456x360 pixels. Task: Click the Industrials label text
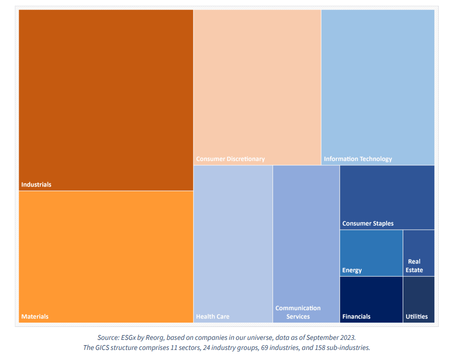[36, 185]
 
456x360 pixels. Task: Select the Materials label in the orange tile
[35, 316]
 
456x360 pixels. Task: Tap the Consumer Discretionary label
[230, 159]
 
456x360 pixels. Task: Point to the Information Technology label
[358, 159]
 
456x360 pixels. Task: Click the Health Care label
[213, 316]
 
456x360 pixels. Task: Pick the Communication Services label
[298, 312]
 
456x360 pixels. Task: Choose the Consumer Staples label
[368, 223]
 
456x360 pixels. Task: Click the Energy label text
[352, 270]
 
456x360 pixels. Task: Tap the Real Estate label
[414, 266]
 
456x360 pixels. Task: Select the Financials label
[356, 316]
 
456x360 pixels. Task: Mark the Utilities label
[417, 316]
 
